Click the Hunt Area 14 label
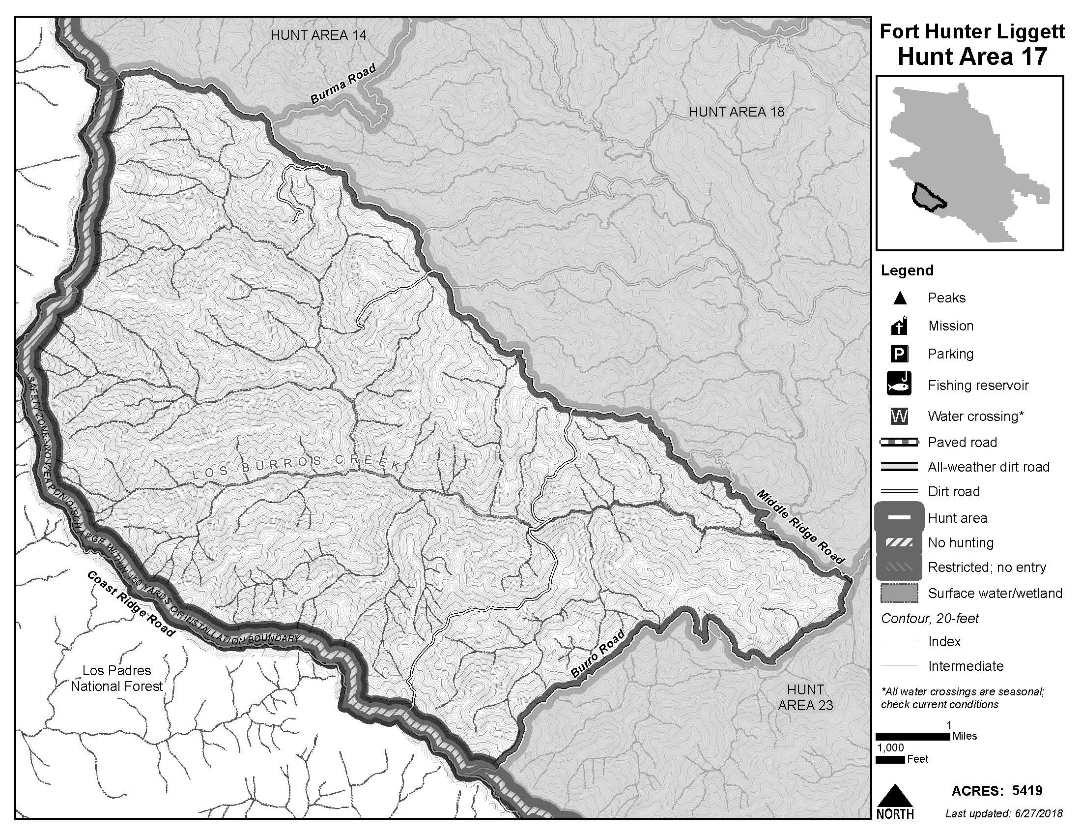pos(318,35)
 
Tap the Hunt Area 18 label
pos(737,112)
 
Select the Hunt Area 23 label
pos(805,697)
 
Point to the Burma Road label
pos(343,84)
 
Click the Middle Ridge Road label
pos(800,527)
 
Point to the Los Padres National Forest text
pos(117,678)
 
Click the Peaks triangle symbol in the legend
pos(900,299)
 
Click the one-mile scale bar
pos(913,737)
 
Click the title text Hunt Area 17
pos(972,57)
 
